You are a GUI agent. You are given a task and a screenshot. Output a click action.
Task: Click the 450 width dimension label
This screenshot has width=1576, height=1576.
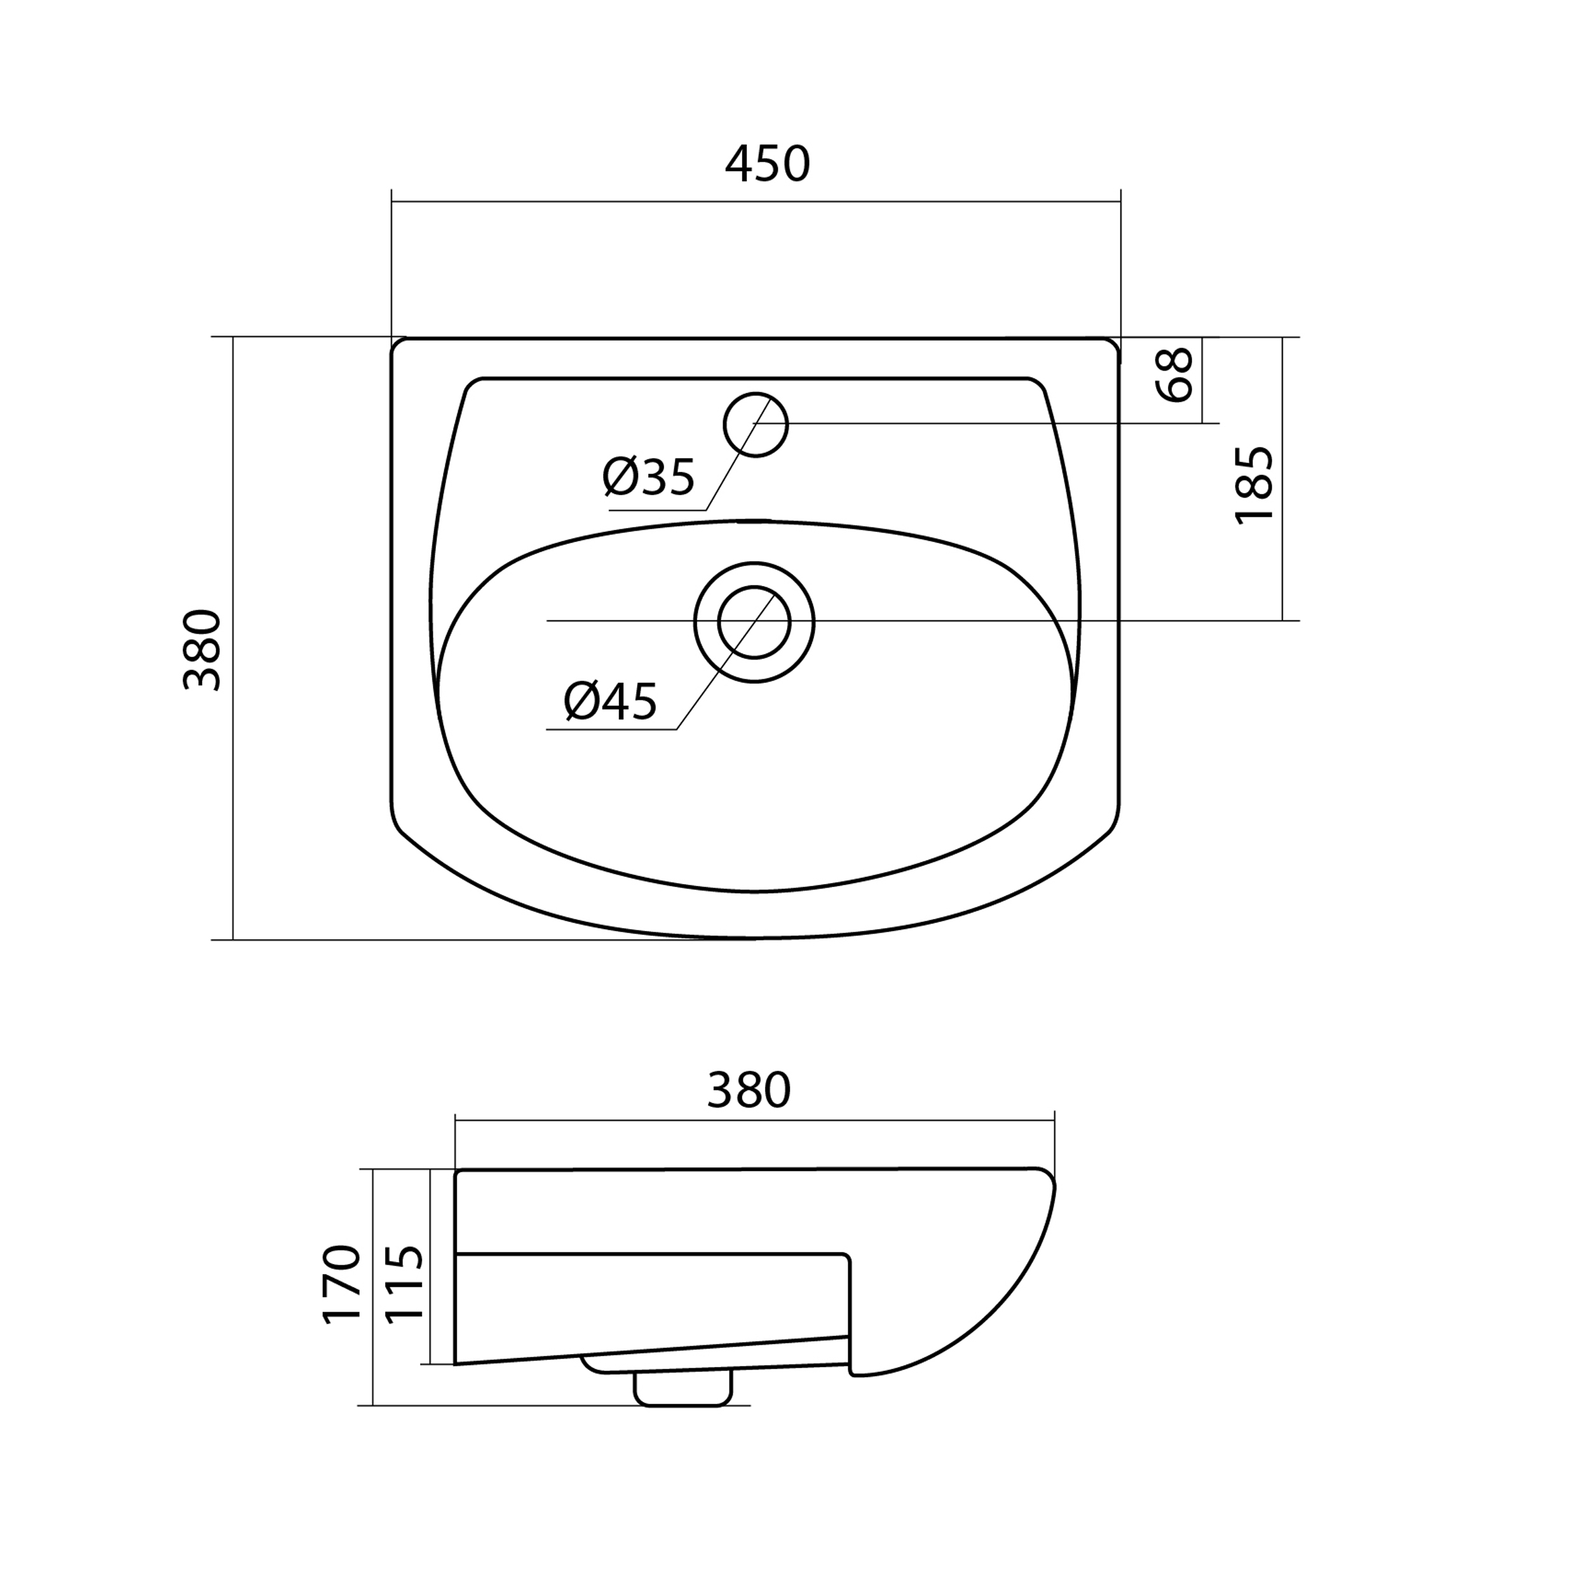pyautogui.click(x=767, y=164)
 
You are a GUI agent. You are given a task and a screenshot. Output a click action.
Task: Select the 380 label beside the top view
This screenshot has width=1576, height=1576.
pyautogui.click(x=202, y=650)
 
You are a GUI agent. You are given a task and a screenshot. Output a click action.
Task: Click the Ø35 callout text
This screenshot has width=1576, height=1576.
pyautogui.click(x=649, y=477)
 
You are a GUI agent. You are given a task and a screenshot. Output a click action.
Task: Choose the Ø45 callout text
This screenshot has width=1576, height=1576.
pyautogui.click(x=610, y=702)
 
